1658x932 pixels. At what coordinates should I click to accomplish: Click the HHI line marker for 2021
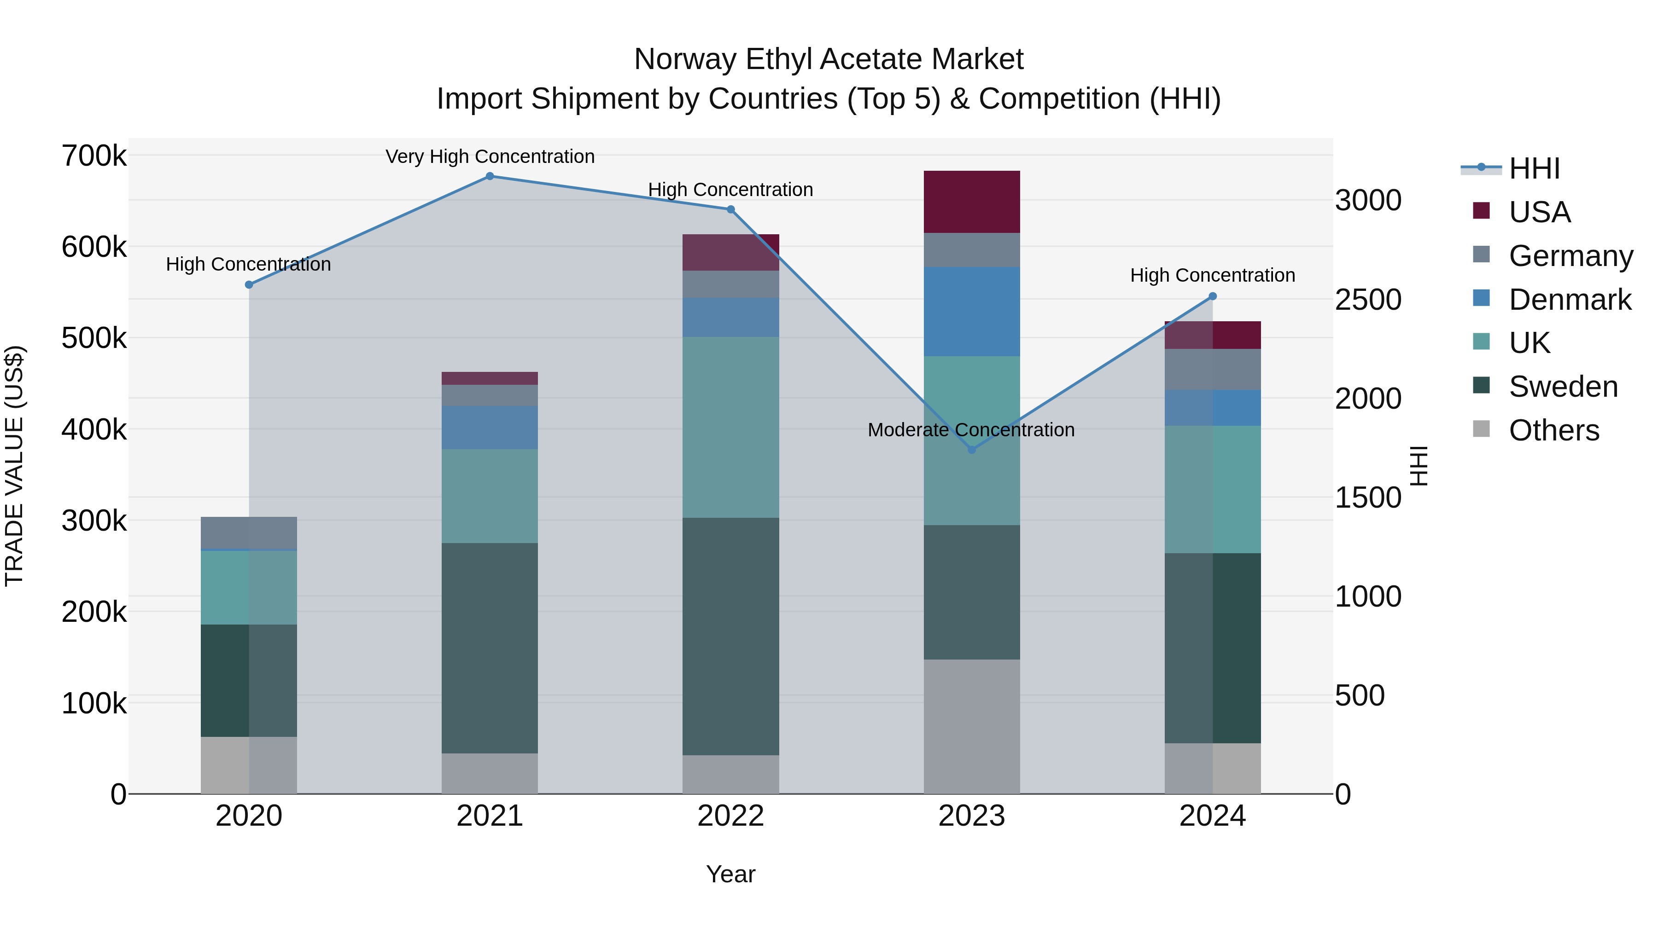point(490,176)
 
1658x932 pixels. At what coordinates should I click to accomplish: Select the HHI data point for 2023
point(972,450)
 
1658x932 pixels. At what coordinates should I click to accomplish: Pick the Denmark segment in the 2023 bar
point(972,312)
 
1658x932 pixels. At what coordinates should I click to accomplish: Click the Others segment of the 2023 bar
point(972,726)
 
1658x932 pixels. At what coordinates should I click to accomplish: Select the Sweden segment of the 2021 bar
point(490,648)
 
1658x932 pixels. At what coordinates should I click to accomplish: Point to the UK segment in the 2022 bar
point(730,427)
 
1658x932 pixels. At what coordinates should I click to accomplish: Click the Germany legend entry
point(1570,256)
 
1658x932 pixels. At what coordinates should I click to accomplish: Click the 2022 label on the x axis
point(730,816)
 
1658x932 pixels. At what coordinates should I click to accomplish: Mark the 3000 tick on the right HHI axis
point(1368,200)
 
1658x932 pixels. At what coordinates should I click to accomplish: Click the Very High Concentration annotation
point(490,156)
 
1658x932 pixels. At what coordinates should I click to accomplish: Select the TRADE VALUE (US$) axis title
point(14,466)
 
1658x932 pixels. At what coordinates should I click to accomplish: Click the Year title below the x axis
point(730,874)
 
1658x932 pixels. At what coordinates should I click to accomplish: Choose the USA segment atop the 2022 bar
point(730,252)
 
